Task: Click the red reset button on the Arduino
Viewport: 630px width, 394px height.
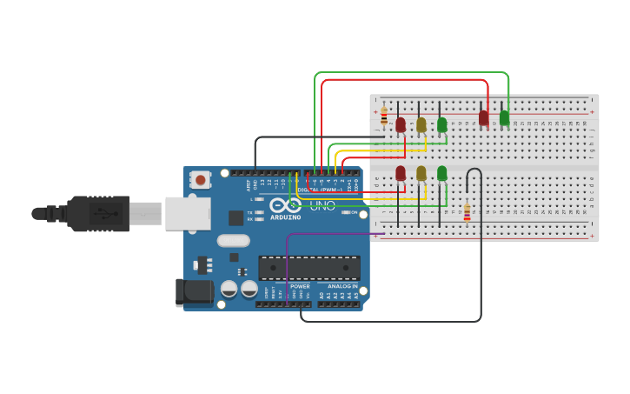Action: [201, 180]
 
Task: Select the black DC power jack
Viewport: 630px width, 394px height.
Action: [193, 292]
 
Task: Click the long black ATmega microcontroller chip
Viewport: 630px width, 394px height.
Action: [309, 268]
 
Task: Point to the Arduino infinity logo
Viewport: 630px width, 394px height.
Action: [285, 205]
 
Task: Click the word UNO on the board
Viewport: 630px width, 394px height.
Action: [322, 205]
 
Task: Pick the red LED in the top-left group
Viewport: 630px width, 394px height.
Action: [401, 124]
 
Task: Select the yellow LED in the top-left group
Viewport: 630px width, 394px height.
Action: [421, 124]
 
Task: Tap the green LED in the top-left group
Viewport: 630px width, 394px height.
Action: [442, 124]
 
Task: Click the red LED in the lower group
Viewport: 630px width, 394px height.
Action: [401, 173]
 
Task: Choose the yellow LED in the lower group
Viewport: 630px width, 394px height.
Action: [421, 173]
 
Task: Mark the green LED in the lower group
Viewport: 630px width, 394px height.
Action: [442, 173]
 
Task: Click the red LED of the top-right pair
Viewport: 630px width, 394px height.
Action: [484, 117]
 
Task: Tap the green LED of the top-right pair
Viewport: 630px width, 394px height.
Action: [505, 117]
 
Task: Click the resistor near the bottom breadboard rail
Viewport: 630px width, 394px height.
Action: [467, 212]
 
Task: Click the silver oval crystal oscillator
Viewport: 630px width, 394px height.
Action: [233, 240]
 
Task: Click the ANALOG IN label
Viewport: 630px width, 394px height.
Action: [342, 286]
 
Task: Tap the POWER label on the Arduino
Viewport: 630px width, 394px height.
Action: [300, 286]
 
